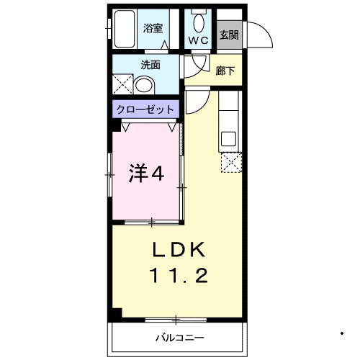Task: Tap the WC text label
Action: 199,41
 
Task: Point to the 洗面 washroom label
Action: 150,65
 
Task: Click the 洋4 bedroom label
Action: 148,174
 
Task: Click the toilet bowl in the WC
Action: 199,17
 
